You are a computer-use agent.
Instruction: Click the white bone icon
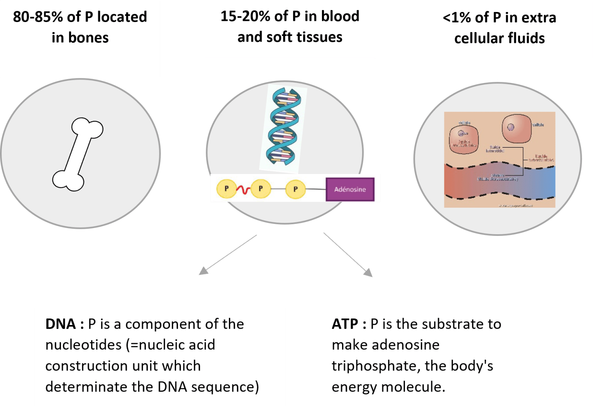(x=78, y=154)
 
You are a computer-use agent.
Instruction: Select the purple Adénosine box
(x=350, y=189)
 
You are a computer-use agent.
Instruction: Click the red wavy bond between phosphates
(x=243, y=189)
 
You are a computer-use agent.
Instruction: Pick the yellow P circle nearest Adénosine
(x=295, y=189)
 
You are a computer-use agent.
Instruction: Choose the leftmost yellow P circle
(x=227, y=189)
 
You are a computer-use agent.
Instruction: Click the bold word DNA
(x=61, y=324)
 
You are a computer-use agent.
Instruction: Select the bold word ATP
(x=345, y=324)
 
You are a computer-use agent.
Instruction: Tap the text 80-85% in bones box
(x=37, y=17)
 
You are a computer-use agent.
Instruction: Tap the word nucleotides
(x=83, y=345)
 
